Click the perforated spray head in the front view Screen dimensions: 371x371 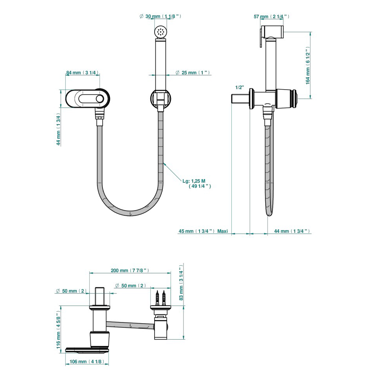pyautogui.click(x=161, y=32)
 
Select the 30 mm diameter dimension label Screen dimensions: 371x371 pyautogui.click(x=160, y=16)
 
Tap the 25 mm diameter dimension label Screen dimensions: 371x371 pyautogui.click(x=193, y=73)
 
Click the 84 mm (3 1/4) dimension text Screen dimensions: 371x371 pyautogui.click(x=82, y=73)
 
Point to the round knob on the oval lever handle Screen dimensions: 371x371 pyautogui.click(x=100, y=99)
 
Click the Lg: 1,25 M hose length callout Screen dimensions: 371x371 pyautogui.click(x=196, y=184)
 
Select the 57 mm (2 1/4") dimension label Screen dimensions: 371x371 pyautogui.click(x=271, y=16)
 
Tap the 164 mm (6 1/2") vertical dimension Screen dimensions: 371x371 pyautogui.click(x=308, y=65)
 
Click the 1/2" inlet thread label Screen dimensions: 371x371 pyautogui.click(x=240, y=88)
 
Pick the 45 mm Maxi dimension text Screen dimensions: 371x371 pyautogui.click(x=203, y=231)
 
